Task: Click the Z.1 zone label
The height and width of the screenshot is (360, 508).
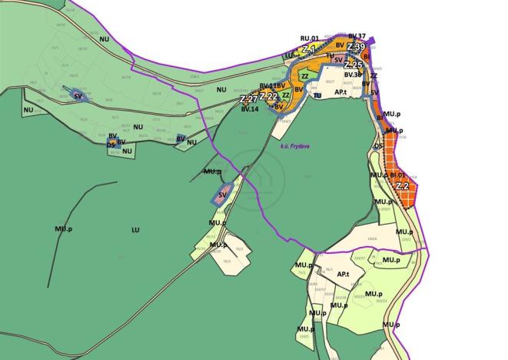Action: [x=309, y=49]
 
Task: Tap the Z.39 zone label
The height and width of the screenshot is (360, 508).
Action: [x=356, y=48]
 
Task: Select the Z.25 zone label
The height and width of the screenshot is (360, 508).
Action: [x=354, y=65]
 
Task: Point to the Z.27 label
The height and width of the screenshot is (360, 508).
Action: [x=248, y=99]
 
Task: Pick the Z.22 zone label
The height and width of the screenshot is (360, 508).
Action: [x=268, y=96]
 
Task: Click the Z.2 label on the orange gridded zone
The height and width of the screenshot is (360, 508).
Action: [x=402, y=186]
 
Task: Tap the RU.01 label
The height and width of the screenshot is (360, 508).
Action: [x=310, y=37]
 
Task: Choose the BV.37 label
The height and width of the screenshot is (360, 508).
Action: [x=357, y=36]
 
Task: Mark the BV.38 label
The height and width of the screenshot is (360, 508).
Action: [x=353, y=75]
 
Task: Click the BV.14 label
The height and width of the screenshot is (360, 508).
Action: [x=249, y=110]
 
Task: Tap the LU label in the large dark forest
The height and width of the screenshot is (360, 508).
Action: [x=136, y=229]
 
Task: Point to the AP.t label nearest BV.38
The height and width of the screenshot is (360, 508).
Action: [x=343, y=91]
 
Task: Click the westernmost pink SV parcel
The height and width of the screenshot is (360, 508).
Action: [x=78, y=96]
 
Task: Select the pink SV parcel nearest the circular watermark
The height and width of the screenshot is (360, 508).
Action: [x=222, y=194]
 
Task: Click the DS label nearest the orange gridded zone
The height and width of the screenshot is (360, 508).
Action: [x=378, y=145]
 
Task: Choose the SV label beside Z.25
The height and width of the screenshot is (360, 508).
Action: [x=338, y=60]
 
